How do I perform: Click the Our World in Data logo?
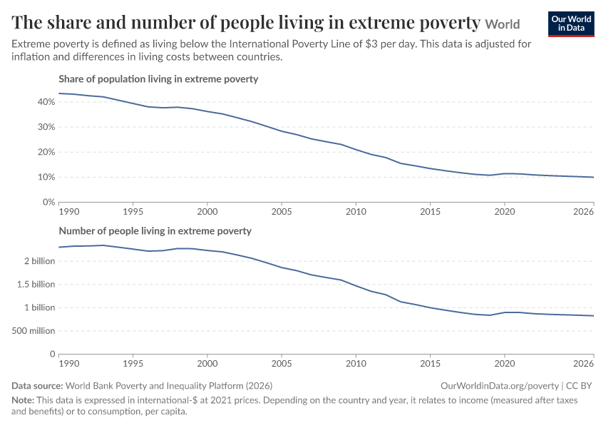click(x=571, y=24)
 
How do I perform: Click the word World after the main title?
click(x=503, y=24)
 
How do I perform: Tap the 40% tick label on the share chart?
click(x=46, y=102)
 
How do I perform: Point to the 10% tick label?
click(x=46, y=177)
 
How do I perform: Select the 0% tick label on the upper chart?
click(x=48, y=202)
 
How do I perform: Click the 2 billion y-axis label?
click(x=40, y=261)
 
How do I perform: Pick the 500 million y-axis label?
click(x=34, y=331)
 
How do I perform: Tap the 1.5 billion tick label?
click(x=36, y=285)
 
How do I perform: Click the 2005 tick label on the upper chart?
click(x=282, y=212)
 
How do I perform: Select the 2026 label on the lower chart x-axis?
click(x=584, y=364)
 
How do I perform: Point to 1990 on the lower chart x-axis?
click(x=69, y=364)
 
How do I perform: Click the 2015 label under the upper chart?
click(x=430, y=212)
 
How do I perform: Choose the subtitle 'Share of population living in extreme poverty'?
click(x=158, y=79)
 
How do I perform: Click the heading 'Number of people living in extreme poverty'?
click(x=155, y=231)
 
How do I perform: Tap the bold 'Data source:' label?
click(x=37, y=386)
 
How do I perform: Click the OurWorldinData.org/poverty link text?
click(x=500, y=386)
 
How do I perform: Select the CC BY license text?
click(x=579, y=386)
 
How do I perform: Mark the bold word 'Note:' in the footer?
click(x=23, y=400)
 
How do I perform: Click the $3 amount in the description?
click(x=371, y=44)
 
